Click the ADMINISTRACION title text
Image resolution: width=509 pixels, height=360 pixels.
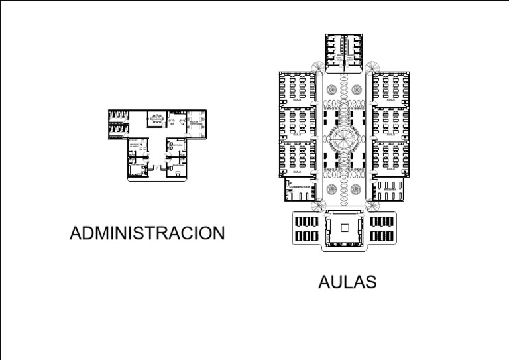(x=147, y=233)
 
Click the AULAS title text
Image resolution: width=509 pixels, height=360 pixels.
(x=347, y=282)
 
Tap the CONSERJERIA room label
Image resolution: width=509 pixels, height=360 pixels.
(x=300, y=188)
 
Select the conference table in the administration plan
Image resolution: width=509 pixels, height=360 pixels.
(x=156, y=120)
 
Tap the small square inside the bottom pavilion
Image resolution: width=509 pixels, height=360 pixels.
(x=345, y=227)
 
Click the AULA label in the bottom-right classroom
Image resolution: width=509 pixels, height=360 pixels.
(x=390, y=169)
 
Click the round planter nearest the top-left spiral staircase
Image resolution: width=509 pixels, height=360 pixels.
(x=332, y=88)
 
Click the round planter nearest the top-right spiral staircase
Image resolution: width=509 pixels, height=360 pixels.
(x=357, y=88)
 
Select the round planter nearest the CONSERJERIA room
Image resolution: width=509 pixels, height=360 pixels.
(x=332, y=189)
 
